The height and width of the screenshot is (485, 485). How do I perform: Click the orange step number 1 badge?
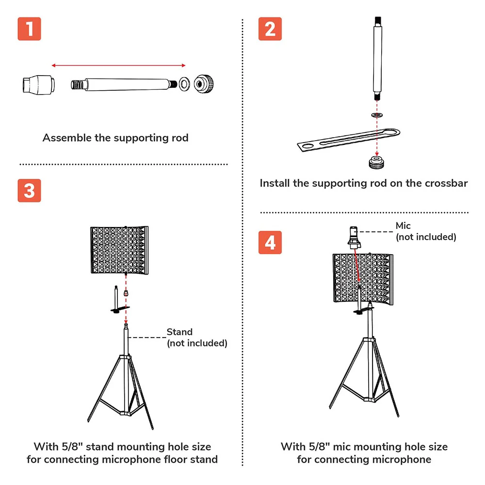(30, 29)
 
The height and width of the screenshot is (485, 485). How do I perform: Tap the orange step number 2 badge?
(270, 29)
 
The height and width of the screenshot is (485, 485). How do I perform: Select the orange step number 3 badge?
(30, 191)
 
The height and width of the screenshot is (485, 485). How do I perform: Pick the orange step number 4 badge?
(270, 242)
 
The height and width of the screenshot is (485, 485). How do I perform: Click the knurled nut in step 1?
(204, 84)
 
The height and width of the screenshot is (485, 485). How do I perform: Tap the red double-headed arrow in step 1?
(119, 65)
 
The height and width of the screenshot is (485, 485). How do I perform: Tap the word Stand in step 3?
(179, 332)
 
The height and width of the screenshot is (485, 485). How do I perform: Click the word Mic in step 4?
(403, 226)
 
